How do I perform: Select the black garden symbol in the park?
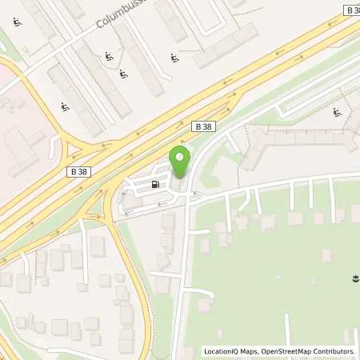[x=353, y=278]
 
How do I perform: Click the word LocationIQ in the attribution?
[x=223, y=351]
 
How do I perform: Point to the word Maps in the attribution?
[x=254, y=351]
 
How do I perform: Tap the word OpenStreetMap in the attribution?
[x=291, y=351]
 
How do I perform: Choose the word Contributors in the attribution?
[x=336, y=351]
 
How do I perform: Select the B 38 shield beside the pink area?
[x=77, y=170]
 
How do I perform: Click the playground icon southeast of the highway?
[x=337, y=113]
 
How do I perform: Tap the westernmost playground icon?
[x=16, y=22]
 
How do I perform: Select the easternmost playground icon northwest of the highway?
[x=174, y=58]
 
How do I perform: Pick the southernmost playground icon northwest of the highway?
[x=64, y=106]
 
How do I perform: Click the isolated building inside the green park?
[x=326, y=254]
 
